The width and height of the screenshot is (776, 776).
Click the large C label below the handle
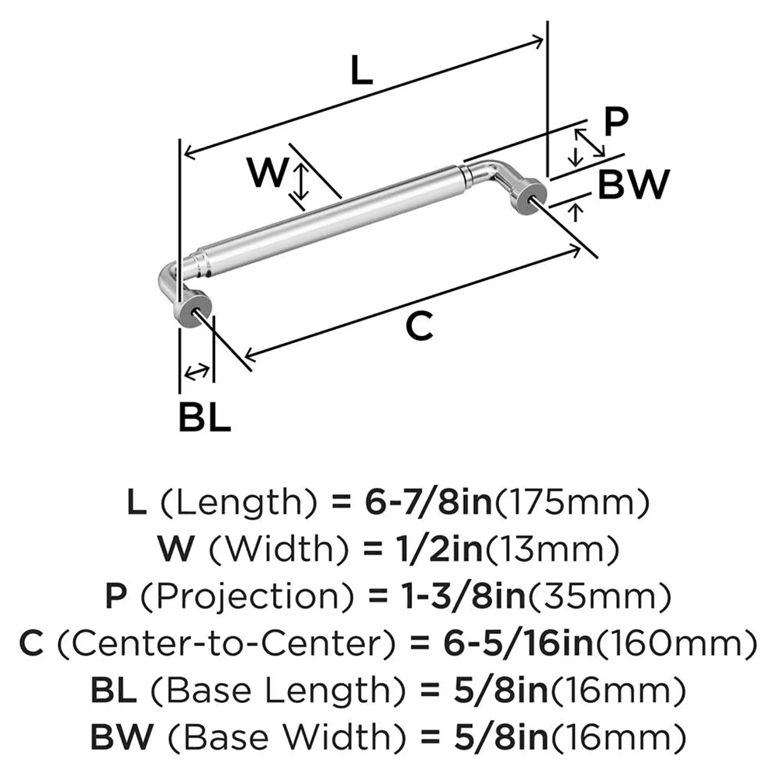click(x=419, y=327)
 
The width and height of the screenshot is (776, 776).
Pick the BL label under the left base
click(x=204, y=417)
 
